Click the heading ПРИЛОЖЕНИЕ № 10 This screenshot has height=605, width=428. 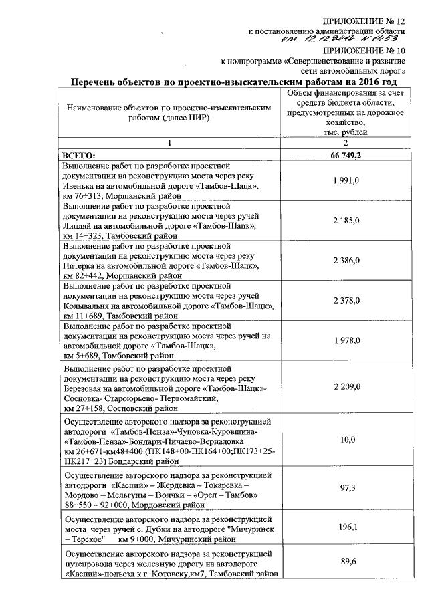[364, 49]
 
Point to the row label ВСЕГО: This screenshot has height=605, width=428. [80, 155]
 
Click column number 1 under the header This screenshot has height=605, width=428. [170, 143]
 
